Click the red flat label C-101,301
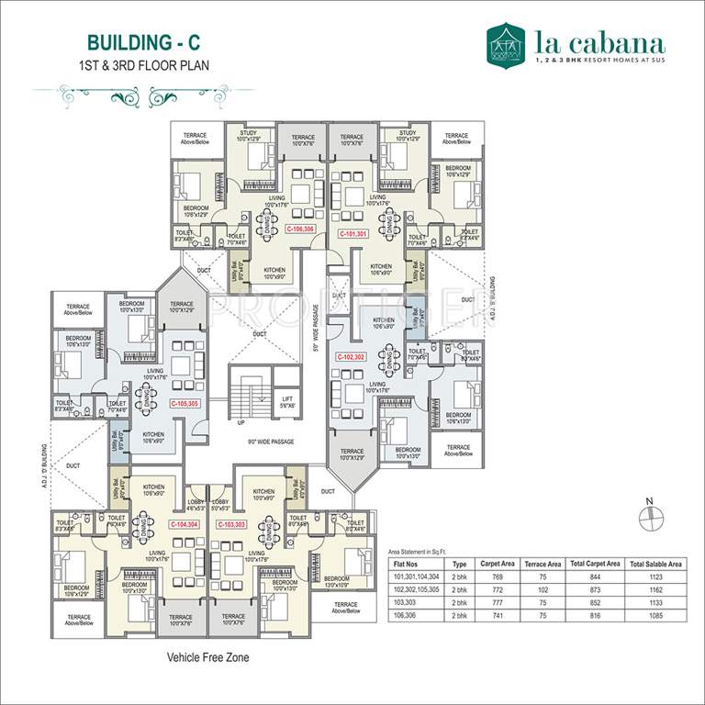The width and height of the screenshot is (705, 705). point(354,234)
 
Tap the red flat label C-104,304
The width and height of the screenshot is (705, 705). point(184,523)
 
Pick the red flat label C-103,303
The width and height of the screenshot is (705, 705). point(229,523)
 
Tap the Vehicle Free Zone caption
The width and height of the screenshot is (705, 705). point(207,657)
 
